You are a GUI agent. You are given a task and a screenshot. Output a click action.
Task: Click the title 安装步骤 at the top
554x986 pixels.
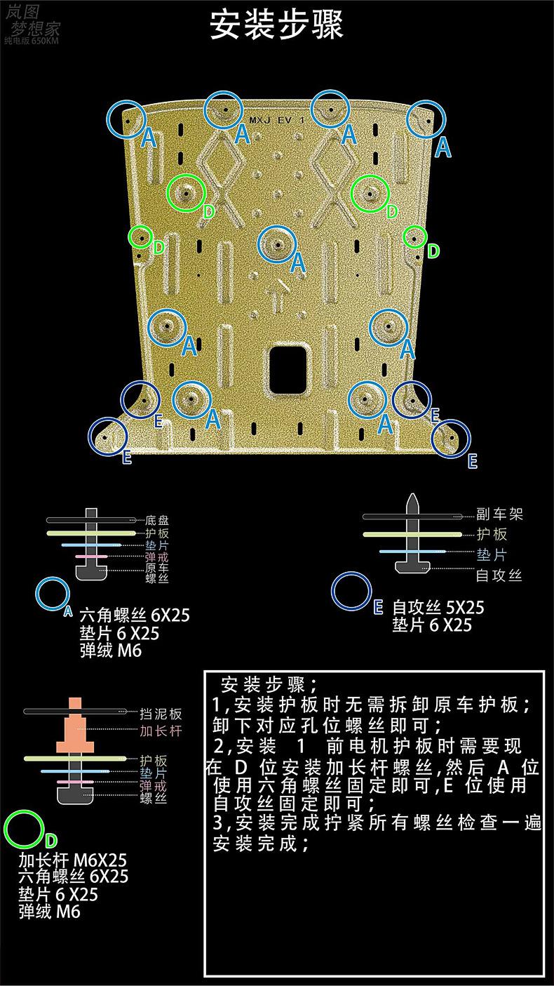click(x=277, y=27)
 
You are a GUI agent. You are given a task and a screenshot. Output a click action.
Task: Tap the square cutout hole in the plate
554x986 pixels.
click(x=287, y=368)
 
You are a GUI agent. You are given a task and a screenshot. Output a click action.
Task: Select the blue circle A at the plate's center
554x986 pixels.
click(x=277, y=244)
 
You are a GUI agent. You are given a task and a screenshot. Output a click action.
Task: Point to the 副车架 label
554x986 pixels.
click(x=499, y=514)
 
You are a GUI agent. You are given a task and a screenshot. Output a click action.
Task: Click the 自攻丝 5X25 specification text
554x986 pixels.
click(x=438, y=607)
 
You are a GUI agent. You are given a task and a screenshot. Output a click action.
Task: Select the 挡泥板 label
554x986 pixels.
click(x=161, y=714)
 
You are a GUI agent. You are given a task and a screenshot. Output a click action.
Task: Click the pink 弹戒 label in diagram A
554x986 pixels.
click(x=157, y=555)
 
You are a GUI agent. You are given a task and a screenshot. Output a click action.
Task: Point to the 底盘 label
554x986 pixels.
click(x=157, y=521)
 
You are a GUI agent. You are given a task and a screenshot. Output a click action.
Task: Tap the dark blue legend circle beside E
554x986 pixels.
click(x=351, y=592)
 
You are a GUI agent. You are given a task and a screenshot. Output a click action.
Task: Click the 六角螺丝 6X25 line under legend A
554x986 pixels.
click(x=135, y=617)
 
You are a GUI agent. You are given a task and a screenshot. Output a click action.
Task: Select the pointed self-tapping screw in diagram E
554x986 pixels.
click(x=413, y=533)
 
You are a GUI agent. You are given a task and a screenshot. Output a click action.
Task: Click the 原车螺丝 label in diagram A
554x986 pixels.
click(x=157, y=572)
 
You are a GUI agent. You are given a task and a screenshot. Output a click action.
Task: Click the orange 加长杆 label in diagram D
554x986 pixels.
click(x=161, y=731)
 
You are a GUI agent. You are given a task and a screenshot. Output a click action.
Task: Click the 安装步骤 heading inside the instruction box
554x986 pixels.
click(x=269, y=684)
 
